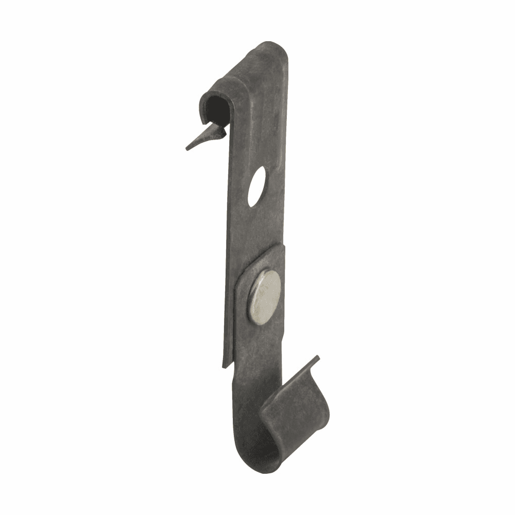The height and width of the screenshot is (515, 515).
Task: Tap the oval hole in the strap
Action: pos(256,186)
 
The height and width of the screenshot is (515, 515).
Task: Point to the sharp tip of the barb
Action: pos(187,148)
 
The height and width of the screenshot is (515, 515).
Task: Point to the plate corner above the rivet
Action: pos(281,248)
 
